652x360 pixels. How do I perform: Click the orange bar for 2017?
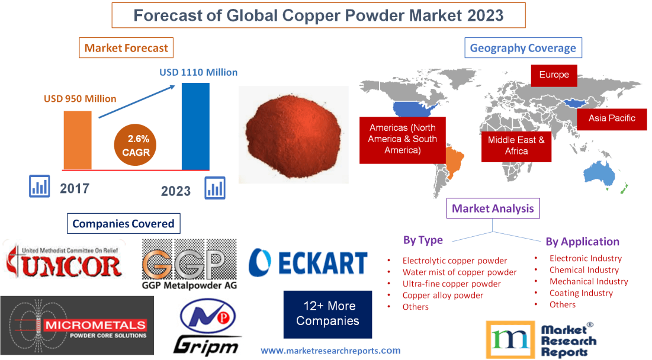tap(78, 140)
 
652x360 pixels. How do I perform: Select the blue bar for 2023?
tap(195, 126)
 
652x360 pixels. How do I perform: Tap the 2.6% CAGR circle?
tap(137, 146)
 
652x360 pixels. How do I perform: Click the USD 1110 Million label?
tap(198, 72)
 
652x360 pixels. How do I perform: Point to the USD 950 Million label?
tap(80, 98)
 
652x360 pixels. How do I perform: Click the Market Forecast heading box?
tap(126, 48)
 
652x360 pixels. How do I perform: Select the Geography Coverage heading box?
tap(523, 48)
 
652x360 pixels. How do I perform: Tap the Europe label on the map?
tap(554, 75)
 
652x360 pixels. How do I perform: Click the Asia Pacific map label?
tap(611, 118)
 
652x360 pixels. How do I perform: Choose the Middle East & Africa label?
tap(516, 146)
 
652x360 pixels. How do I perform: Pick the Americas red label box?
tap(402, 139)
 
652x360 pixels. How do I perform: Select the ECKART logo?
tap(308, 262)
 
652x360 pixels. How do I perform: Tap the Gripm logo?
tap(207, 327)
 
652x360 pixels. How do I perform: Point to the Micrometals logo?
tap(77, 325)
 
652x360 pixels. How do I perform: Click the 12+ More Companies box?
tap(327, 314)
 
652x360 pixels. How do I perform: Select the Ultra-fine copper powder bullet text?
tap(451, 284)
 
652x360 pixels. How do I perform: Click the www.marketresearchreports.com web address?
tap(330, 351)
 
